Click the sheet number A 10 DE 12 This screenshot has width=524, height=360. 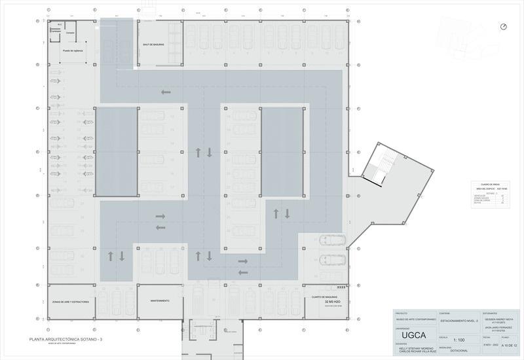510,345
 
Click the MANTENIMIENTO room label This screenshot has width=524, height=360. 160,300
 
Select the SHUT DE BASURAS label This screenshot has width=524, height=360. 153,45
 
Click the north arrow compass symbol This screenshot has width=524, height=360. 503,27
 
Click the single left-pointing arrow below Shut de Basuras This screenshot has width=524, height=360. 166,92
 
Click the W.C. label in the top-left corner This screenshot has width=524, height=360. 60,25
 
